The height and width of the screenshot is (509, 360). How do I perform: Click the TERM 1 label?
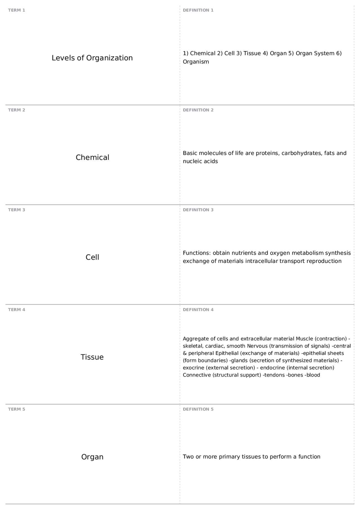(x=17, y=10)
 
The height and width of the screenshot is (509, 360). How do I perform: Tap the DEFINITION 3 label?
(x=198, y=210)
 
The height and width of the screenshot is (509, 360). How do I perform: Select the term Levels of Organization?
(x=92, y=58)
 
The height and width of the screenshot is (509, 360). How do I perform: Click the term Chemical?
(x=92, y=157)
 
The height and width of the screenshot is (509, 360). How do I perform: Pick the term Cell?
(x=92, y=257)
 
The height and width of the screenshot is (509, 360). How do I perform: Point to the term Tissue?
(x=92, y=357)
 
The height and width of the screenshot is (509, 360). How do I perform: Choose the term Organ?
(x=92, y=457)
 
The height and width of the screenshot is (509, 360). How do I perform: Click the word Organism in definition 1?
(x=196, y=62)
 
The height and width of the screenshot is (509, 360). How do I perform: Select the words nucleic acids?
(x=200, y=161)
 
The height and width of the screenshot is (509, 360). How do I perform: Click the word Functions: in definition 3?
(x=197, y=253)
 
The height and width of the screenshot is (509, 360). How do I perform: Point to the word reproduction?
(x=324, y=261)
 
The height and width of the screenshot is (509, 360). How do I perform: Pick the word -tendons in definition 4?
(x=273, y=375)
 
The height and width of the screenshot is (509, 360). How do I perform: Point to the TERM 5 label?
(x=17, y=409)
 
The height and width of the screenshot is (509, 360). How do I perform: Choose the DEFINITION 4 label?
(x=198, y=310)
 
